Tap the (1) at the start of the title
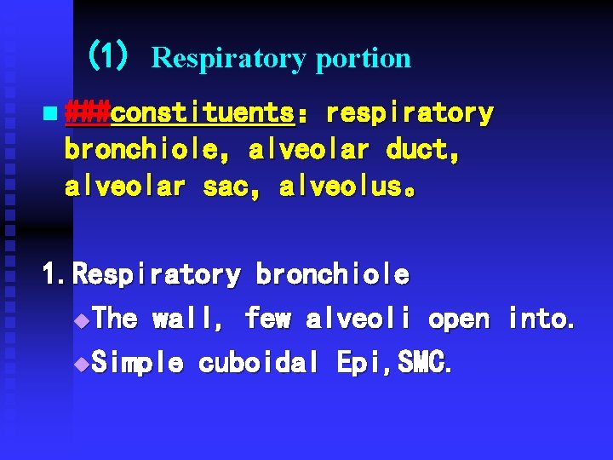pyautogui.click(x=108, y=57)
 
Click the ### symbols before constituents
pyautogui.click(x=88, y=113)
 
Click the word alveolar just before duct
pyautogui.click(x=308, y=151)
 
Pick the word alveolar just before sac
pyautogui.click(x=124, y=187)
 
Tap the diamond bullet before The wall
pyautogui.click(x=81, y=321)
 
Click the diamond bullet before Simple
pyautogui.click(x=81, y=365)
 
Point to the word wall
pyautogui.click(x=188, y=319)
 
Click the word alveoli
pyautogui.click(x=358, y=319)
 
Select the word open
pyautogui.click(x=458, y=319)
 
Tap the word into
pyautogui.click(x=541, y=319)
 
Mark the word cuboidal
pyautogui.click(x=260, y=364)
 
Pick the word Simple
pyautogui.click(x=136, y=364)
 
